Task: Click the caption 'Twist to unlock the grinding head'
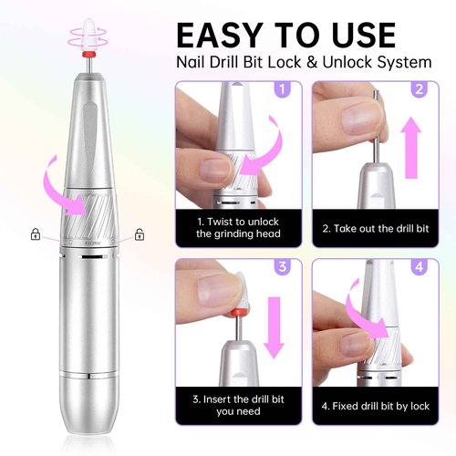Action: click(240, 227)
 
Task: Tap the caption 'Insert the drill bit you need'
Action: click(240, 405)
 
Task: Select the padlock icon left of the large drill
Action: click(35, 234)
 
